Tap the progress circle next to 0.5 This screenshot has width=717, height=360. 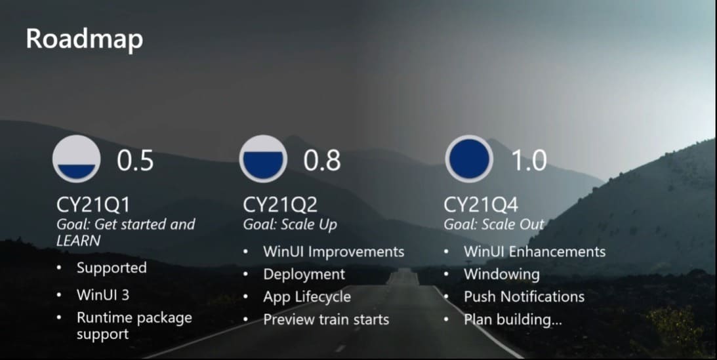[76, 159]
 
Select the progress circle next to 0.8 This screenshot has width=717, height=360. [263, 159]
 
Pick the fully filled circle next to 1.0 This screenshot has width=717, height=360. [470, 159]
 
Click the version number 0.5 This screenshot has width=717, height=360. [135, 161]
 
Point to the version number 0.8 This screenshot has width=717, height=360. [322, 161]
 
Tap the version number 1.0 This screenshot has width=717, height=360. [529, 161]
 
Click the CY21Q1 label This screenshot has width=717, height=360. [93, 205]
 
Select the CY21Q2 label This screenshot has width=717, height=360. [280, 205]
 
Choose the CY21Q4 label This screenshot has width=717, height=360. [481, 205]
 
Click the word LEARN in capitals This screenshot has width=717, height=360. [79, 241]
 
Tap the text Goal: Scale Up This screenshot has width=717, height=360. [290, 225]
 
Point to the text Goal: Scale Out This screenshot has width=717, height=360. [494, 224]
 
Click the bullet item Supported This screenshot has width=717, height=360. [112, 268]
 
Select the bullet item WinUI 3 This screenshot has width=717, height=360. [103, 294]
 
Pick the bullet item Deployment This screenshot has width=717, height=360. [304, 275]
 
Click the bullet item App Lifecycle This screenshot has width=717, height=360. [307, 297]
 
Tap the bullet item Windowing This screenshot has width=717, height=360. [502, 275]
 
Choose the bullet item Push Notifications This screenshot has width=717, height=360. [524, 297]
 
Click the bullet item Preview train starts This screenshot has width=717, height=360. [326, 319]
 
